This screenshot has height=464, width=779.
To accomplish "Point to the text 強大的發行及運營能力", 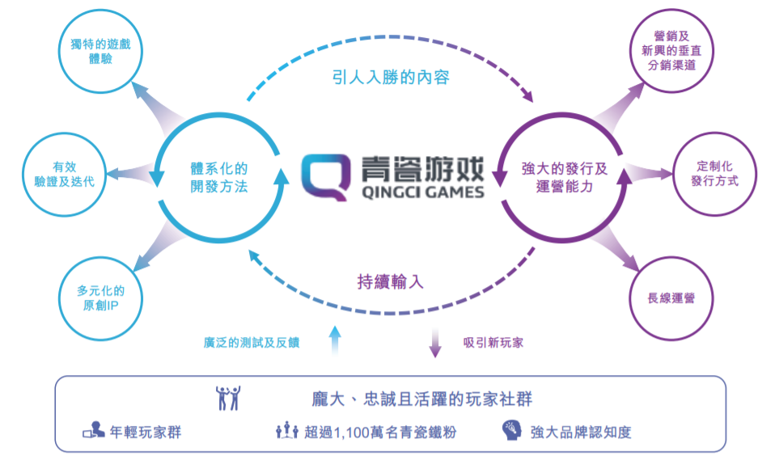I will (x=563, y=177).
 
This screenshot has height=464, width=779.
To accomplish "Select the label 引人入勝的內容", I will (x=391, y=78).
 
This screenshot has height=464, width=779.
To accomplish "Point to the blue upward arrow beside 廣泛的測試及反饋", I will (x=335, y=340).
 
